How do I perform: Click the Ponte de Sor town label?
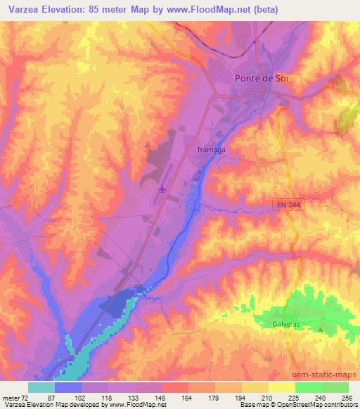coord(261,79)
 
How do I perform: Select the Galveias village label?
coord(286,324)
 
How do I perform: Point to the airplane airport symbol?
coord(163,188)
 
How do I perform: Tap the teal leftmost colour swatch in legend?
coord(41,387)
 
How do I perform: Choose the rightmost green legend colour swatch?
coord(335,387)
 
